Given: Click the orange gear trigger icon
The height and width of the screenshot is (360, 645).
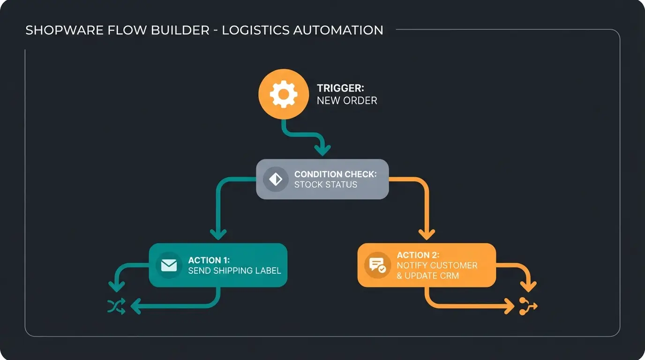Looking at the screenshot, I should pos(284,94).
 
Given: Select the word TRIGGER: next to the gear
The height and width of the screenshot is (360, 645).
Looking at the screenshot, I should pos(340,88).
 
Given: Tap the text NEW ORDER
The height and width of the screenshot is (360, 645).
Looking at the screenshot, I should pos(347,100).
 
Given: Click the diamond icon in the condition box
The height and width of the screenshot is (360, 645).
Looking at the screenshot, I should pos(276,179).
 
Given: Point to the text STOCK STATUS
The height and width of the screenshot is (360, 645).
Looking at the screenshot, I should pos(325,185).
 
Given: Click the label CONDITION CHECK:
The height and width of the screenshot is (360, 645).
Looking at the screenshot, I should pos(335,174).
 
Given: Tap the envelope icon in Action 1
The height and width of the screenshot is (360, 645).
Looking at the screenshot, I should pos(169,265).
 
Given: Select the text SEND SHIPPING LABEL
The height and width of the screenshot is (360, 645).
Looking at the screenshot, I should pos(234,270).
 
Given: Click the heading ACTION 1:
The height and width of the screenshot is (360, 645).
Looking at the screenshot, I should pos(208,260).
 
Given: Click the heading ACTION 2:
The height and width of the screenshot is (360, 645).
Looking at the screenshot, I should pos(418,255).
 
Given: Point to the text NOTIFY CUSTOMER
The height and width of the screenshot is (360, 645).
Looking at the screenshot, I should pos(437,265).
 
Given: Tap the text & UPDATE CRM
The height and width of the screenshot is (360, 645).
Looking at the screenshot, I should pos(427,276).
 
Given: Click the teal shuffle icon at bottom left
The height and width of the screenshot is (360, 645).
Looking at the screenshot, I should pos(116,307).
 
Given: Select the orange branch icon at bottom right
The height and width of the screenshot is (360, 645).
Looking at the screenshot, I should pos(528,307).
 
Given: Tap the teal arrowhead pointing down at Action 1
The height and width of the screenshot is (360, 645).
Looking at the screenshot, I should pos(218,234).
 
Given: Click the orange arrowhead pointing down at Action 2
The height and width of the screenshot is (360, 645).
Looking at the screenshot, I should pos(426,234).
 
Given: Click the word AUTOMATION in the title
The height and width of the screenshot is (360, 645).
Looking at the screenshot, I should pos(338,30).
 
